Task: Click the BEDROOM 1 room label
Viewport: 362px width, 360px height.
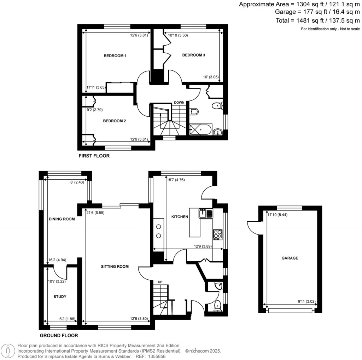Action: click(115, 56)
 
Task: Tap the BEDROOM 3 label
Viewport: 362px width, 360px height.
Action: click(193, 55)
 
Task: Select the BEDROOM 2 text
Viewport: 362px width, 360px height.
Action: click(115, 121)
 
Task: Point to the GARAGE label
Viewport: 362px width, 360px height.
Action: click(290, 258)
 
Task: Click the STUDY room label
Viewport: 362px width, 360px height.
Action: click(60, 297)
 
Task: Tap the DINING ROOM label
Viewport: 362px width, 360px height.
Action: click(62, 219)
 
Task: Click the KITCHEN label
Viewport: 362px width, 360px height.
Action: click(180, 217)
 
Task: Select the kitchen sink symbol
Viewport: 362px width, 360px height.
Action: click(206, 214)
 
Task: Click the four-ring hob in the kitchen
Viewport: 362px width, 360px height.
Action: click(217, 234)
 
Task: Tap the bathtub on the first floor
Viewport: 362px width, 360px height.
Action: click(201, 129)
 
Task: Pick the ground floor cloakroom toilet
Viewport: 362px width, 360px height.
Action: click(217, 305)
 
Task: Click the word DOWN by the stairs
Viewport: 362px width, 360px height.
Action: click(179, 103)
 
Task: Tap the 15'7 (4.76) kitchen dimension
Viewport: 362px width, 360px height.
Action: click(175, 180)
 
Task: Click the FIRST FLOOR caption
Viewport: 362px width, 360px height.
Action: click(94, 156)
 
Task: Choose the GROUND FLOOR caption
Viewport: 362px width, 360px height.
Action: click(59, 336)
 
